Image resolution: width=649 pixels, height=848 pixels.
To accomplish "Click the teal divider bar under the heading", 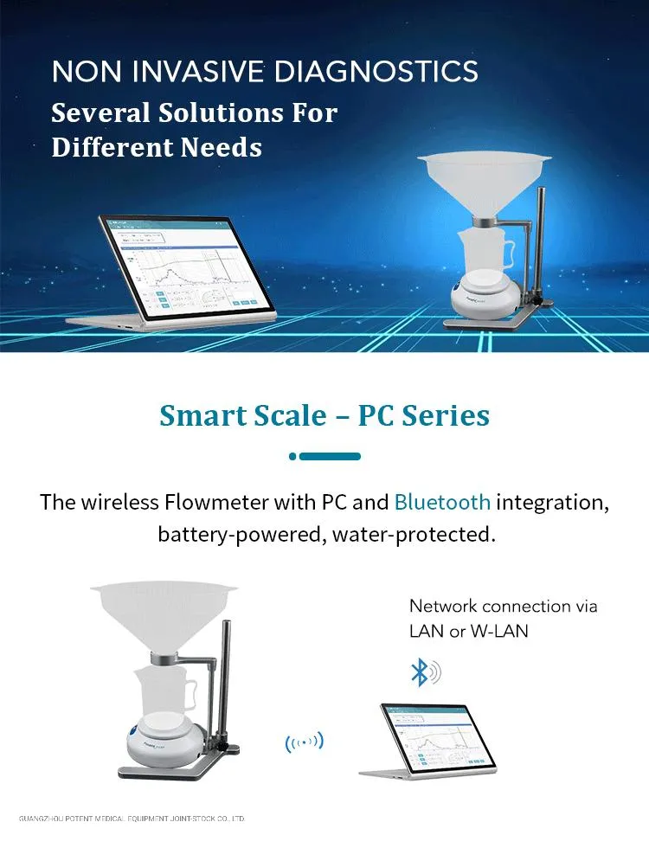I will click(324, 456).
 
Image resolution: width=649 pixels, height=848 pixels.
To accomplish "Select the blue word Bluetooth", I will click(442, 502).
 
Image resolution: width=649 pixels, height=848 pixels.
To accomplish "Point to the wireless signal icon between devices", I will click(304, 742).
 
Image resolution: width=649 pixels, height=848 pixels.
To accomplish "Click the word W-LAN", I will click(499, 631).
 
